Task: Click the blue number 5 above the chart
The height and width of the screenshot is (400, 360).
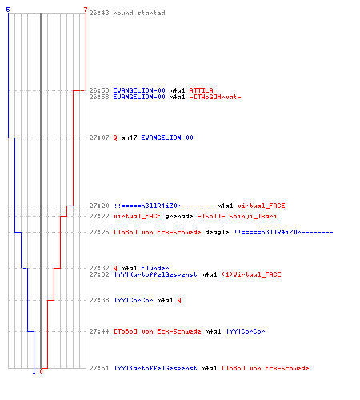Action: click(x=8, y=10)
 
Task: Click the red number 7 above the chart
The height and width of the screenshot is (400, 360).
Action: click(x=86, y=10)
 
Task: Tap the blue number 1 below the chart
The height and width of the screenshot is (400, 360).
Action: click(x=34, y=371)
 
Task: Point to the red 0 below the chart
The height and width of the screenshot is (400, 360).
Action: click(x=41, y=371)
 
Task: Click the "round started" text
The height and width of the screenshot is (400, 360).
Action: click(x=139, y=13)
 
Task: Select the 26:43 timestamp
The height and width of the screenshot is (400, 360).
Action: click(x=99, y=13)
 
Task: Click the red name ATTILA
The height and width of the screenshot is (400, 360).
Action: click(x=201, y=90)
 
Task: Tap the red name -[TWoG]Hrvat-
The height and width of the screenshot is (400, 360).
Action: click(x=215, y=97)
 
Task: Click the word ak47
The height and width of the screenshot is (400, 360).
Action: click(x=129, y=138)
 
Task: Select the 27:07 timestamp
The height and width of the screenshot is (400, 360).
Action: click(x=99, y=138)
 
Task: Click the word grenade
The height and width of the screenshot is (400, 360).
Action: click(x=179, y=216)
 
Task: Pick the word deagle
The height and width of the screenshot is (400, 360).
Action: click(x=217, y=232)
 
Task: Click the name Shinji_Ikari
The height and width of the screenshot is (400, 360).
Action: click(x=253, y=216)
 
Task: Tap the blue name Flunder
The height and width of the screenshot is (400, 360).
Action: click(x=155, y=268)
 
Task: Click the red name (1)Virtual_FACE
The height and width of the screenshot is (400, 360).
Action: click(x=251, y=274)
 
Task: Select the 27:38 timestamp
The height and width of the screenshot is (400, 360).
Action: click(x=99, y=300)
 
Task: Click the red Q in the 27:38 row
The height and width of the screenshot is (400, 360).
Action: click(x=179, y=301)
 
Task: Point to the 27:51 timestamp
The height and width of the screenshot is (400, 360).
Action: click(x=99, y=368)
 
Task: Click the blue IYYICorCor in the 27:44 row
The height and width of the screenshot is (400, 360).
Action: click(x=246, y=331)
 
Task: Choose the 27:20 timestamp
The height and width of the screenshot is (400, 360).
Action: click(x=99, y=206)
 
